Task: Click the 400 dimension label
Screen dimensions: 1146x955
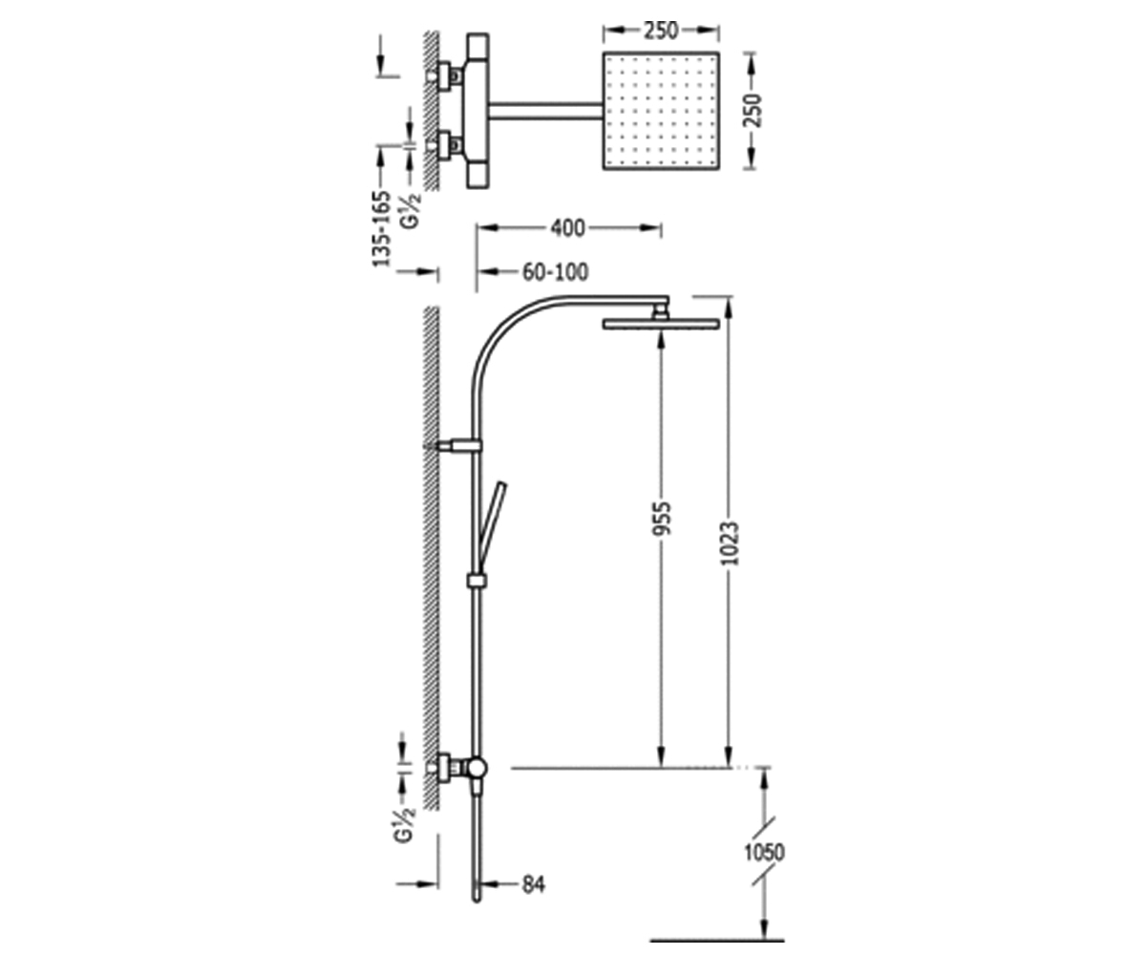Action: tap(567, 228)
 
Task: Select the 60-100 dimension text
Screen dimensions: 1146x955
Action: tap(555, 271)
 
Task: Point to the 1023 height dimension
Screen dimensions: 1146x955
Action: tap(730, 542)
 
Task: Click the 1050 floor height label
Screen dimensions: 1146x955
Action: tap(764, 852)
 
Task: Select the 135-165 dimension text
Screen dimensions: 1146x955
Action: tap(382, 229)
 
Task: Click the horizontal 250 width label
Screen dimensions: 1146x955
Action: tap(661, 31)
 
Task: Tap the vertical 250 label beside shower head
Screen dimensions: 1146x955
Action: tap(753, 111)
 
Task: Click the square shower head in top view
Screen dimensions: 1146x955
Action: tap(661, 111)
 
